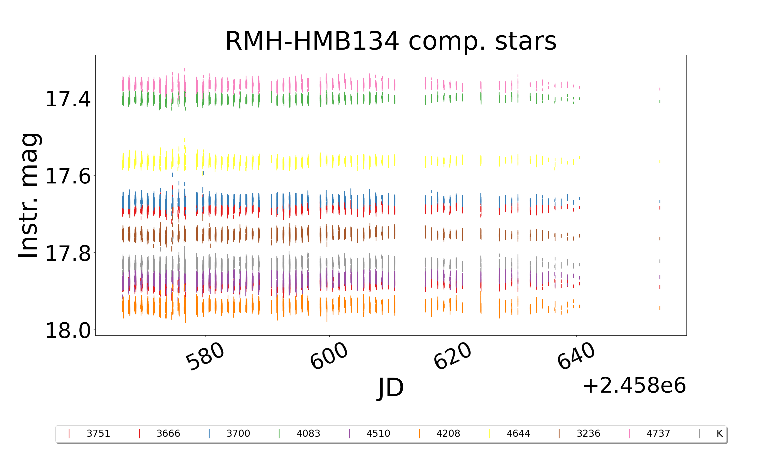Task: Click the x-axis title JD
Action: [391, 388]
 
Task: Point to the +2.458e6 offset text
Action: [634, 385]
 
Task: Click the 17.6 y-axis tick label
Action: [68, 176]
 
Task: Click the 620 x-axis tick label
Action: [452, 356]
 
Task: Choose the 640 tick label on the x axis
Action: [576, 356]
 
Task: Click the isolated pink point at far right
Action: [660, 89]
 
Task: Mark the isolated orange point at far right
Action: [660, 308]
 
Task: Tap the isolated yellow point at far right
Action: [660, 161]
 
